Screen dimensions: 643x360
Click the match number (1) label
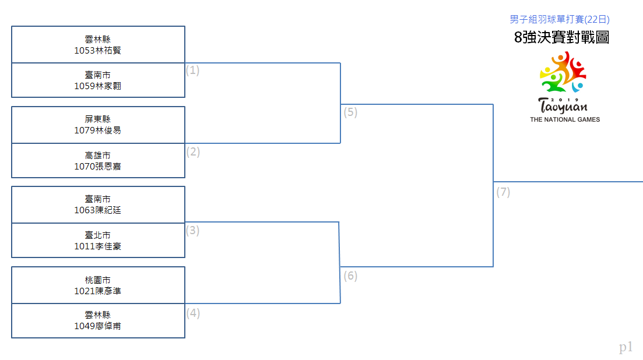193,70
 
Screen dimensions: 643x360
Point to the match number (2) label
193,152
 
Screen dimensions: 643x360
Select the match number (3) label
193,231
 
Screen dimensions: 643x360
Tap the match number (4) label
193,313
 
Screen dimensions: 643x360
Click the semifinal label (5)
350,112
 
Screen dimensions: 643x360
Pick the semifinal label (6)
350,276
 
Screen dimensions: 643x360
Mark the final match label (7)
503,192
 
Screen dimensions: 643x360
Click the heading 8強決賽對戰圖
561,37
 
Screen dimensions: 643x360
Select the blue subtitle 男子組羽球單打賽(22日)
559,19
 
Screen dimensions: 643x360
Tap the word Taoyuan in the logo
563,107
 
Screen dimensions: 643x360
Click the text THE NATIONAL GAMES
565,119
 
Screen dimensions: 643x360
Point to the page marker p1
626,347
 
